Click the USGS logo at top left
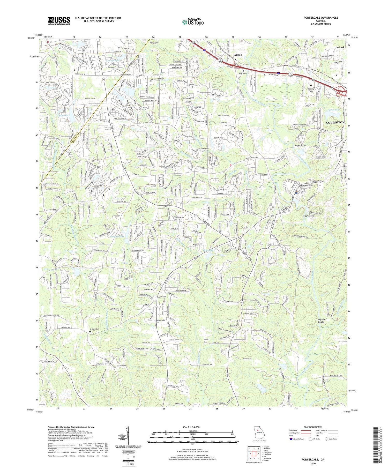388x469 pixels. pyautogui.click(x=59, y=21)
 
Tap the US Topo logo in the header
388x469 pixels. pyautogui.click(x=193, y=22)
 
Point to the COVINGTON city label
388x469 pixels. pyautogui.click(x=335, y=122)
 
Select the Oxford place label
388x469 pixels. pyautogui.click(x=340, y=47)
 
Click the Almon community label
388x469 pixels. pyautogui.click(x=238, y=55)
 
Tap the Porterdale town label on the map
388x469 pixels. pyautogui.click(x=306, y=185)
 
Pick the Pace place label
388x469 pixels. pyautogui.click(x=136, y=174)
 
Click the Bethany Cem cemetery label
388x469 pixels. pyautogui.click(x=94, y=329)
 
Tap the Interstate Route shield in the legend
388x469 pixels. pyautogui.click(x=291, y=439)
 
